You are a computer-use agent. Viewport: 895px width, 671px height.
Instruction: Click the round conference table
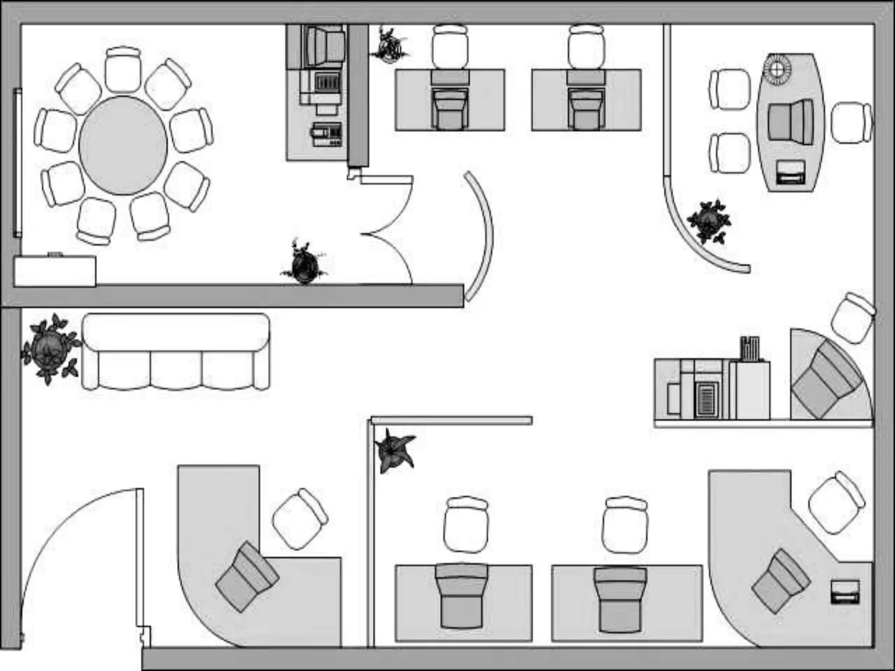coord(123,145)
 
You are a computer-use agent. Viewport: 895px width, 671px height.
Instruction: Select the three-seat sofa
coord(176,352)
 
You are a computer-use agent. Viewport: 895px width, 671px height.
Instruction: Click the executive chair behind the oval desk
coord(791,122)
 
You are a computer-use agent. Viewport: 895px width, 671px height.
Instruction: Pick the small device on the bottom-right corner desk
coord(845,592)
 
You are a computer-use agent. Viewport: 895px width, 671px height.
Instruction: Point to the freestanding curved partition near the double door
coord(481,236)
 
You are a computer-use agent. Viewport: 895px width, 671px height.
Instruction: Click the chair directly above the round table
coord(123,70)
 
